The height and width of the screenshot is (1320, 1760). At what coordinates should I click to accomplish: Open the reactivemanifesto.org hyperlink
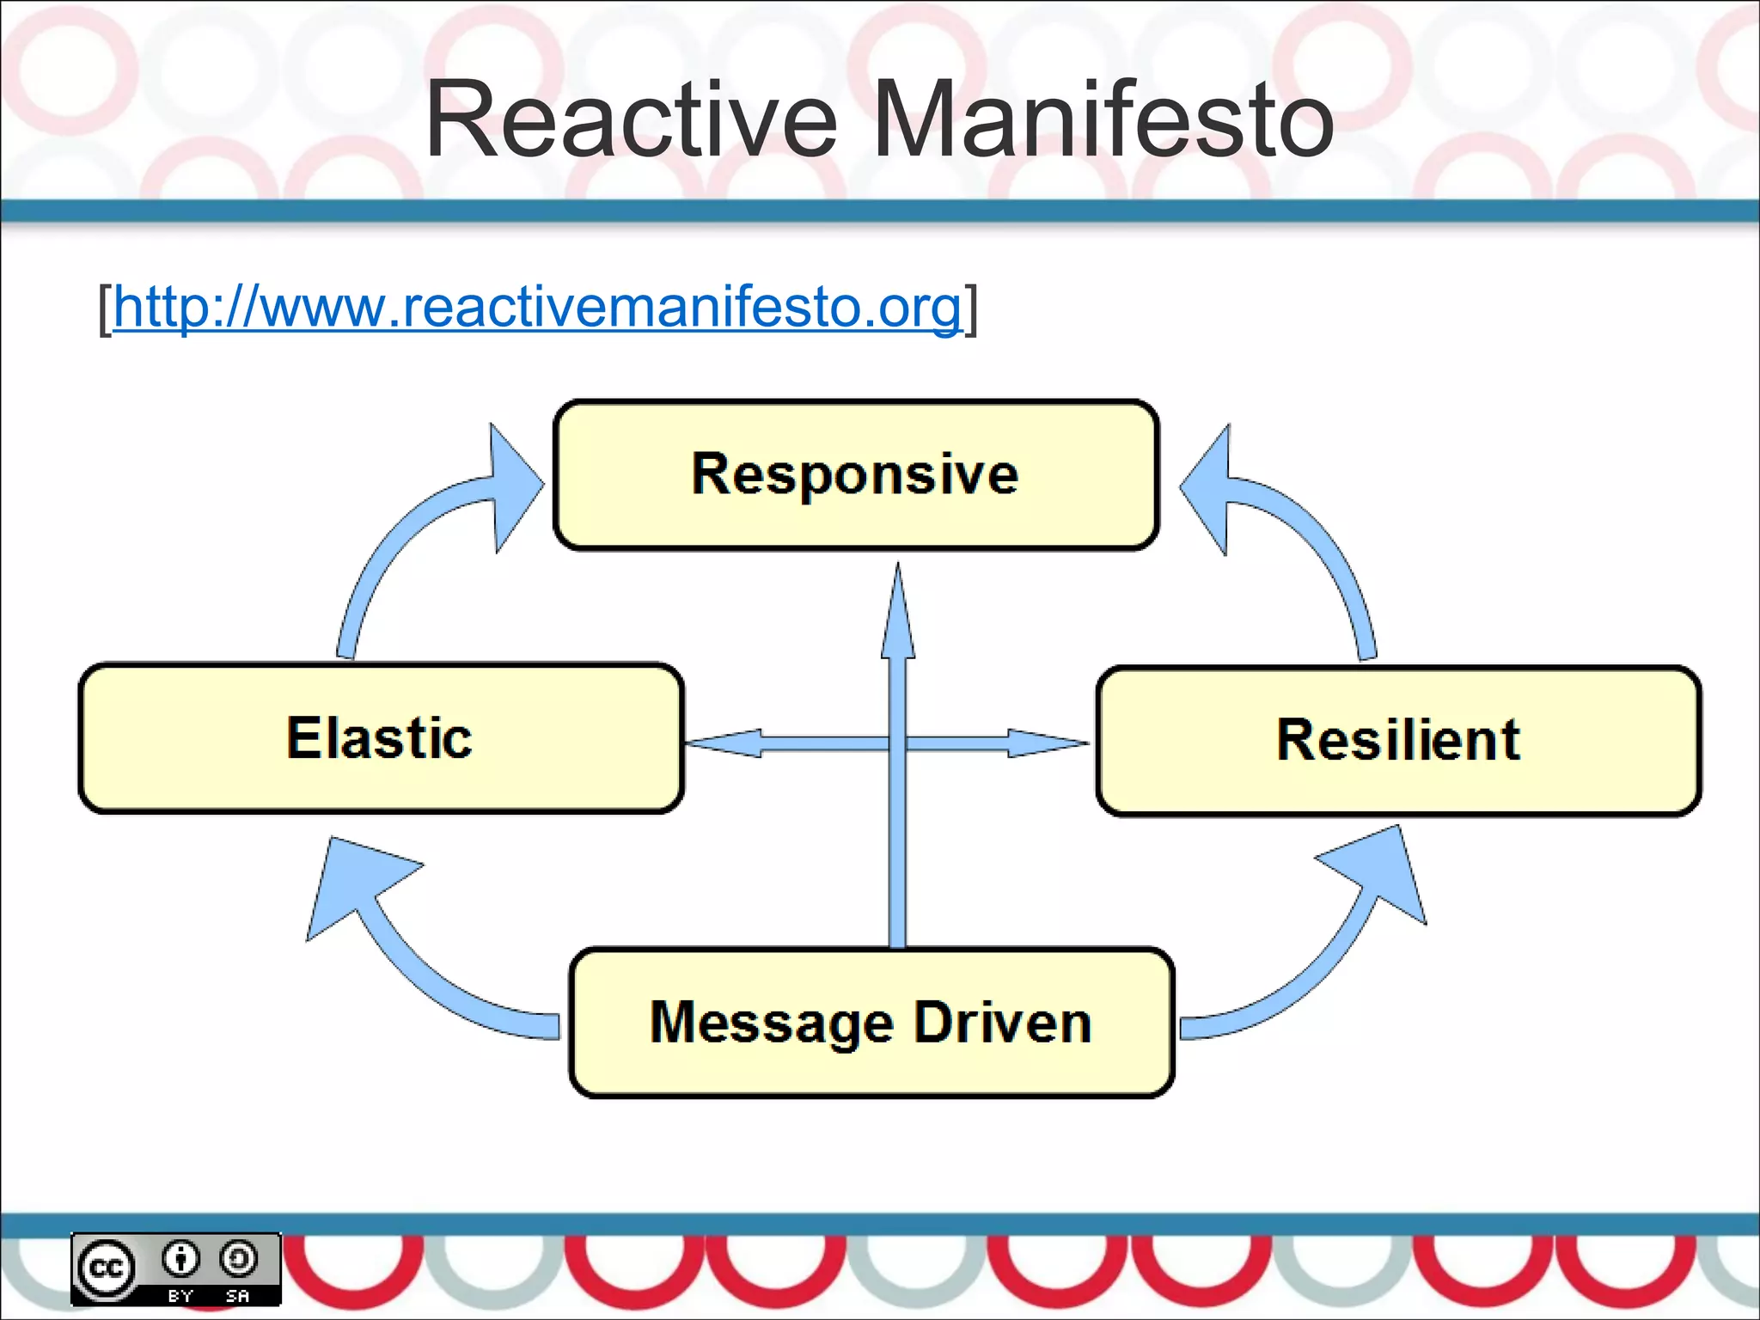(x=536, y=307)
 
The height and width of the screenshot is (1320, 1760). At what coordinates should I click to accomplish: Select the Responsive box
(x=856, y=474)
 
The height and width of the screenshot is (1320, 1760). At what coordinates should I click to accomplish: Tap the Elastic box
(x=381, y=738)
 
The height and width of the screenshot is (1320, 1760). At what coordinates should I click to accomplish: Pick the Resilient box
(x=1398, y=740)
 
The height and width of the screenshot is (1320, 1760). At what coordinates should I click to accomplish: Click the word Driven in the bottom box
(x=1002, y=1023)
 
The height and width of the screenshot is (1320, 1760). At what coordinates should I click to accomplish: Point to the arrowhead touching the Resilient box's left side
(x=1044, y=742)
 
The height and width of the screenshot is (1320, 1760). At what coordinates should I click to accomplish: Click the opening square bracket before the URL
(x=105, y=309)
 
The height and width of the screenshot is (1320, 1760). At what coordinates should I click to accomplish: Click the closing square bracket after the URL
(x=970, y=309)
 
